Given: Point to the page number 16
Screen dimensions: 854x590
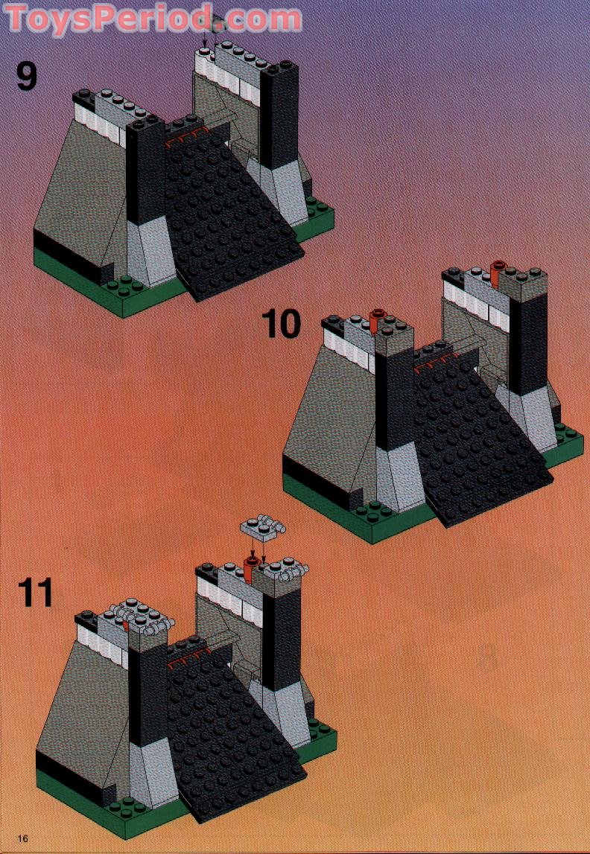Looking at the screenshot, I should tap(24, 838).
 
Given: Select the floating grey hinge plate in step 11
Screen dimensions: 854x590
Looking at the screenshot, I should tap(262, 530).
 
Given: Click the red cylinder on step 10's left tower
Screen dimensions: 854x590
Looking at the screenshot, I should tap(378, 321).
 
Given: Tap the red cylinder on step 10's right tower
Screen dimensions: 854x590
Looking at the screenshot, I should tap(499, 273).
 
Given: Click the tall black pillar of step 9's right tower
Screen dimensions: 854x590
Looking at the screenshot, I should tap(279, 119).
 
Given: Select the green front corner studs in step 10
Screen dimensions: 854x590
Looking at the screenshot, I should tap(369, 514).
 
